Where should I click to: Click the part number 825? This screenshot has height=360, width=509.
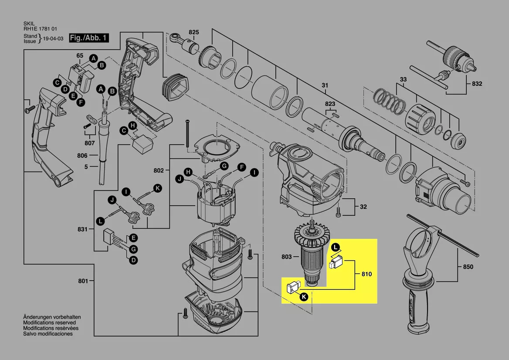point(194,32)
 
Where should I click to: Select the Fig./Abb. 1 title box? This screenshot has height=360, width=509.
point(89,37)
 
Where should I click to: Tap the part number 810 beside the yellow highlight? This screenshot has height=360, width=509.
point(366,274)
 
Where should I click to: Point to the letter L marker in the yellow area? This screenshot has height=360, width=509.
point(335,248)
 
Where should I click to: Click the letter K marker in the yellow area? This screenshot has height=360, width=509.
point(304,297)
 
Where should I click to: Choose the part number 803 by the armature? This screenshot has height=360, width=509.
point(287,257)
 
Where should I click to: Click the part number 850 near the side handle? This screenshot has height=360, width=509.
point(468,267)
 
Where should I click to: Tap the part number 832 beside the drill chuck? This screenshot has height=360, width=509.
point(477,84)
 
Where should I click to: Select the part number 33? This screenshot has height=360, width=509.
point(403,79)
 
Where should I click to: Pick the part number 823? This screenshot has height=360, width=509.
point(330,104)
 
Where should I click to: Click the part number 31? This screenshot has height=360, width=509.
point(325,85)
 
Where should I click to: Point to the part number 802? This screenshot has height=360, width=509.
point(159,170)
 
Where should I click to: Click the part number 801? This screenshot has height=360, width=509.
point(83,281)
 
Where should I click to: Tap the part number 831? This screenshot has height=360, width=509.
point(82,229)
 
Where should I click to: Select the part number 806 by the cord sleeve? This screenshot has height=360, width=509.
point(82,156)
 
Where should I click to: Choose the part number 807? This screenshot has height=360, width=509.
point(90,143)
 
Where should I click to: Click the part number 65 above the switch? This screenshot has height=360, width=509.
point(80,55)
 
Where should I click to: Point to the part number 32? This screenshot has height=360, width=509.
point(363,207)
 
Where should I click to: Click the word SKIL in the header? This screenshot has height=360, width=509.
point(29,24)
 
